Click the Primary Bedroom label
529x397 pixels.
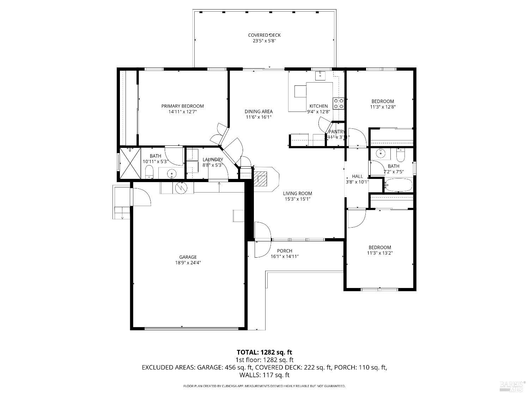[182, 106]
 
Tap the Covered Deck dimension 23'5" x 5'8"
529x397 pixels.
[264, 41]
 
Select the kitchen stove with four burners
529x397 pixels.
[339, 103]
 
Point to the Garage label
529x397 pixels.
[188, 257]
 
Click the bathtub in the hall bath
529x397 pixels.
[398, 185]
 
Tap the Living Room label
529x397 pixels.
[297, 193]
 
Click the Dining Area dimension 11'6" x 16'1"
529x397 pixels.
[259, 117]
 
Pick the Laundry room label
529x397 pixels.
[213, 160]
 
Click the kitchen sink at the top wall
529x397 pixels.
[321, 76]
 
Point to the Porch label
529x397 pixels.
[284, 251]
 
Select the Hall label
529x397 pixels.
[357, 176]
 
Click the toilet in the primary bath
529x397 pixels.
[150, 172]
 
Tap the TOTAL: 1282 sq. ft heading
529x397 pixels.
[264, 352]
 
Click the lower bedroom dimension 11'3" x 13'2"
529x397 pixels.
[380, 253]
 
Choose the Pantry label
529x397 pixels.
[336, 132]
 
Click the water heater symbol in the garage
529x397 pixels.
[182, 187]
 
